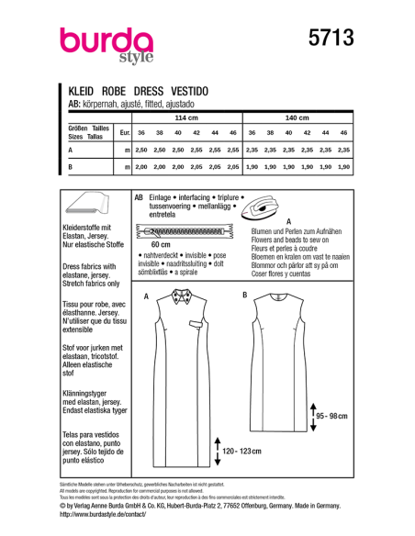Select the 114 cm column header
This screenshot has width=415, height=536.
(186, 118)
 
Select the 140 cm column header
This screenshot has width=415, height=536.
(297, 118)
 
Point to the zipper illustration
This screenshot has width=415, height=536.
(181, 232)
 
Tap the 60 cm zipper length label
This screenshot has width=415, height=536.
(161, 246)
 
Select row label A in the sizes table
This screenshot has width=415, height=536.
(72, 149)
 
